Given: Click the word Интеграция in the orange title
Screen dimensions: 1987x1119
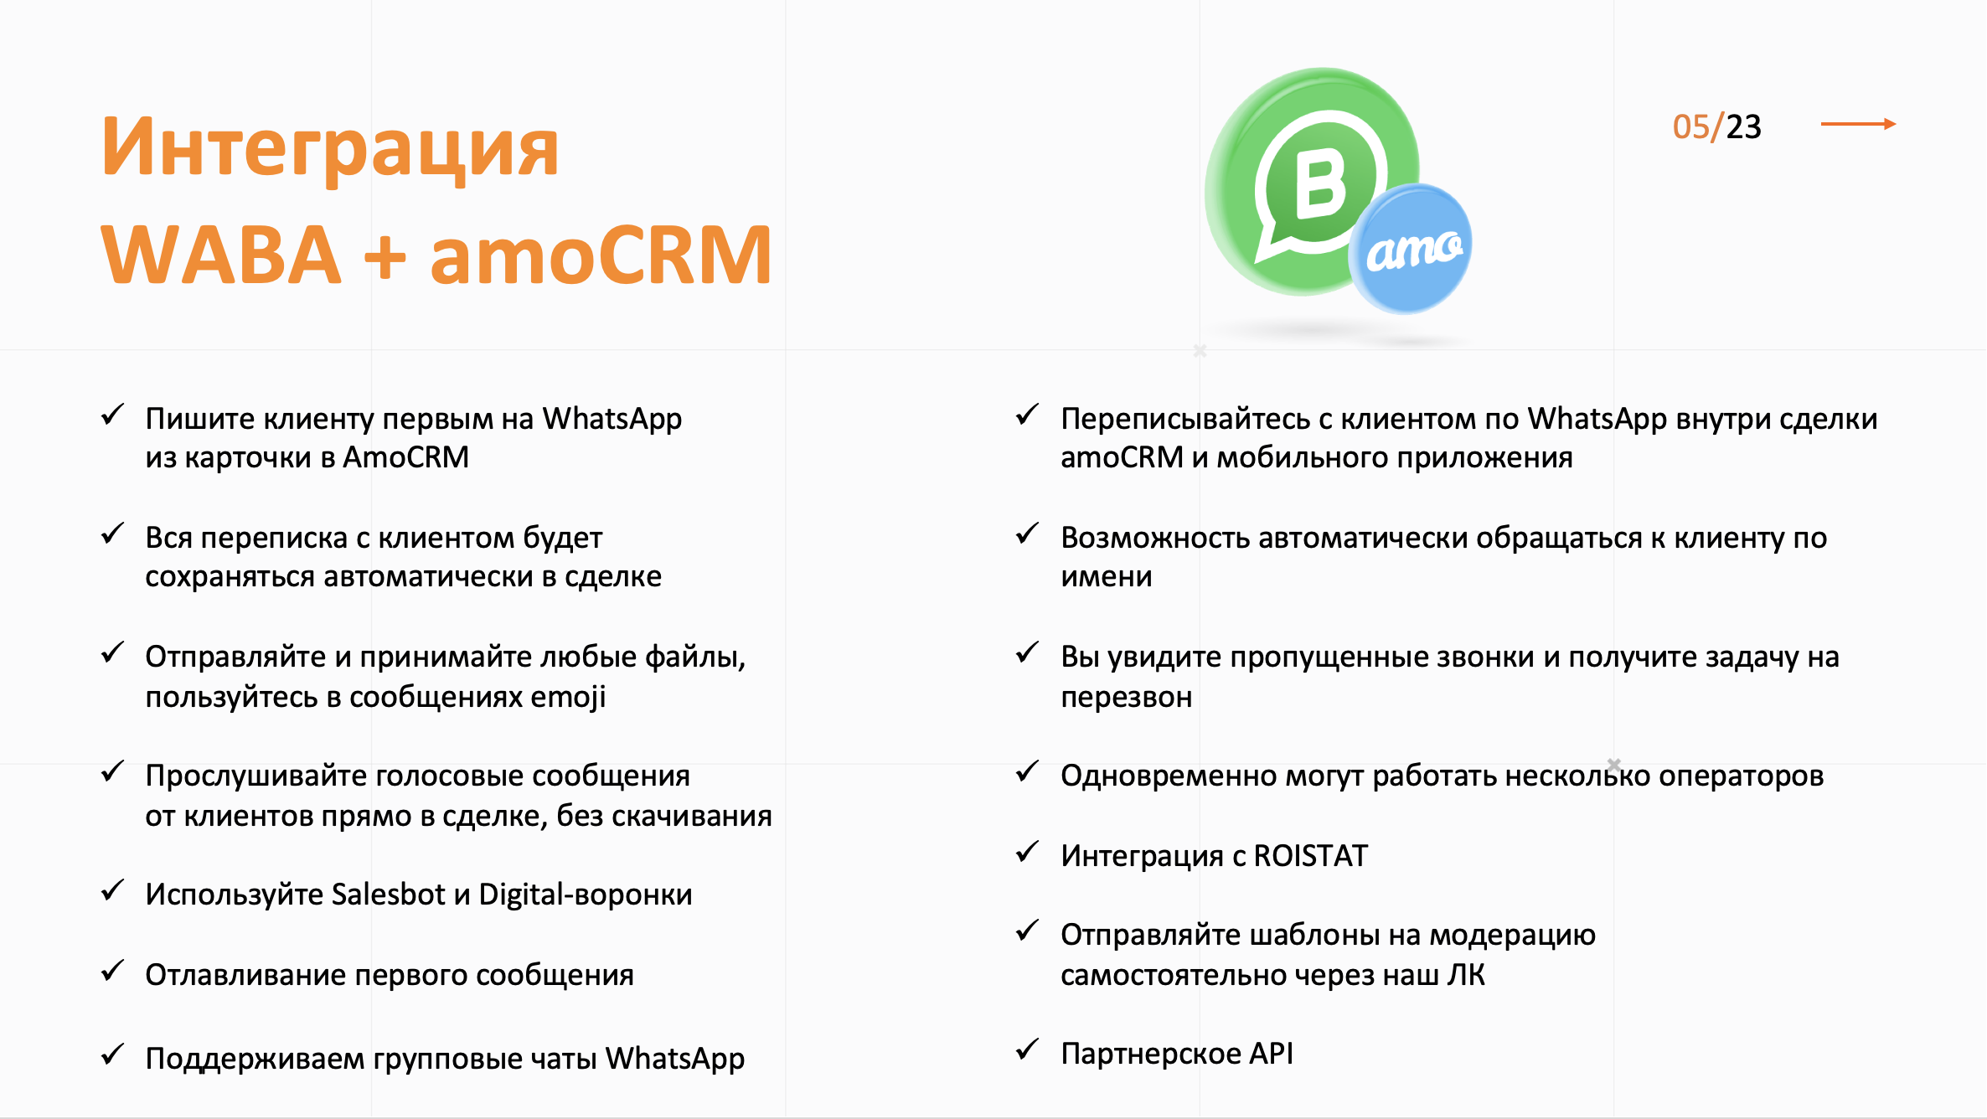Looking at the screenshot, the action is pyautogui.click(x=330, y=149).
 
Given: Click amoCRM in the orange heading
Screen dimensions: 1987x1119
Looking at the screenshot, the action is pyautogui.click(x=601, y=255).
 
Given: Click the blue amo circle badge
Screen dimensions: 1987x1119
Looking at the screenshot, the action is pyautogui.click(x=1411, y=249).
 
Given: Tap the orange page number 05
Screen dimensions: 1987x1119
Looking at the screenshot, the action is pyautogui.click(x=1690, y=126).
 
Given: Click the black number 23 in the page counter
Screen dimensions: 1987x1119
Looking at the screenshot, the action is pyautogui.click(x=1744, y=126).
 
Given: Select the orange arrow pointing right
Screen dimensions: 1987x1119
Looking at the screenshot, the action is pyautogui.click(x=1858, y=124).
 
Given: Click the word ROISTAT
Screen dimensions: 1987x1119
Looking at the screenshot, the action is pyautogui.click(x=1311, y=855).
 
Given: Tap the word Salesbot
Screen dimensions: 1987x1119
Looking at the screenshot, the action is pyautogui.click(x=388, y=895).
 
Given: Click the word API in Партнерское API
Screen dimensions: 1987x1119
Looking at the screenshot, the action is pyautogui.click(x=1272, y=1053).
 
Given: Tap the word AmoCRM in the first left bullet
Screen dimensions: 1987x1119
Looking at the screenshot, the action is pyautogui.click(x=406, y=457).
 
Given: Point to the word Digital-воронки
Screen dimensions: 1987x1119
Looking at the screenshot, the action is pyautogui.click(x=586, y=895).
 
